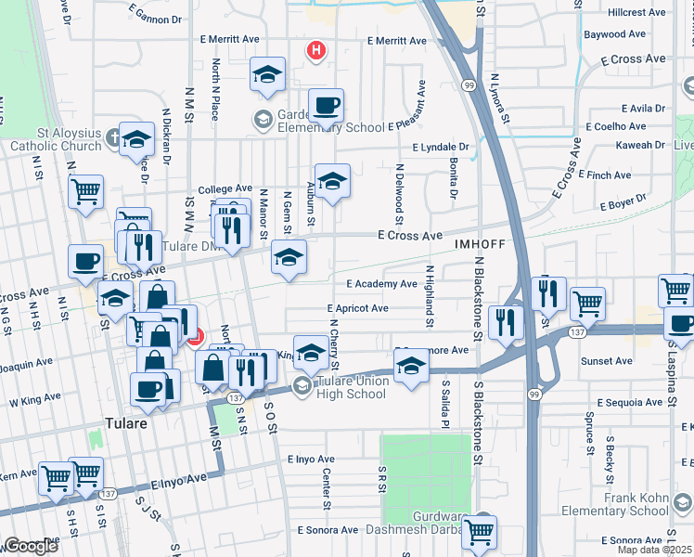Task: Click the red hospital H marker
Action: (316, 50)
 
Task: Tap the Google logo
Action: (31, 546)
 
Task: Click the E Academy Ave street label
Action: (381, 284)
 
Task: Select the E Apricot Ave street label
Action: (357, 308)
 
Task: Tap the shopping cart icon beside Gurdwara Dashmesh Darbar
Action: (480, 533)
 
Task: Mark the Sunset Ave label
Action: (606, 361)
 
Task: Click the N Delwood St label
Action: (399, 193)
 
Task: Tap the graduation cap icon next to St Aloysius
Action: (136, 140)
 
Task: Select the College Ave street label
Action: (225, 188)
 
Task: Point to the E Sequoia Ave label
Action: (632, 403)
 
